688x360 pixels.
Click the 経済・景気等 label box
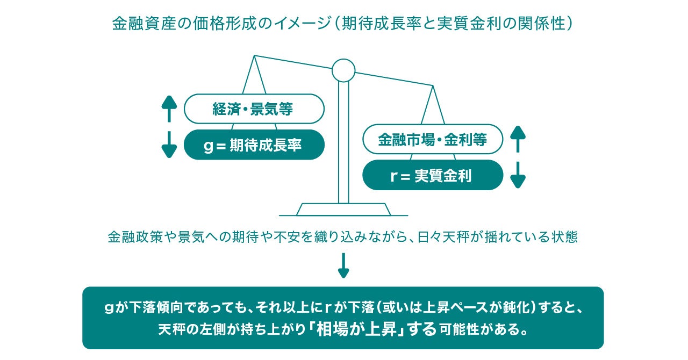[x=254, y=109]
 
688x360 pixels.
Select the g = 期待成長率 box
[x=254, y=145]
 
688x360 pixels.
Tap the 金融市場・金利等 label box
[x=433, y=140]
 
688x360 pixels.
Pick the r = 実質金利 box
[x=433, y=175]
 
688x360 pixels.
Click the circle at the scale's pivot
[x=343, y=70]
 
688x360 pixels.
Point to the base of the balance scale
[x=344, y=209]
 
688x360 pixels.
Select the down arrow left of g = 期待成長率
[x=169, y=145]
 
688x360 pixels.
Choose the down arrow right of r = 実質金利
[x=518, y=175]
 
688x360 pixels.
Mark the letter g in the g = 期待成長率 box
[x=209, y=146]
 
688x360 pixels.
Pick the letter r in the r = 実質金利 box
[x=393, y=176]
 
